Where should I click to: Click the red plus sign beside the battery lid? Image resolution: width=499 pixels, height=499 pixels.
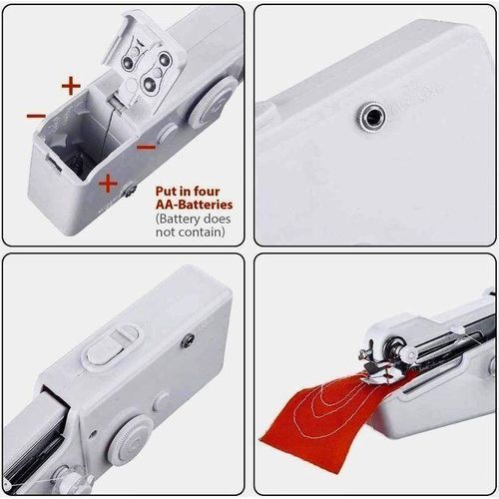click(x=71, y=86)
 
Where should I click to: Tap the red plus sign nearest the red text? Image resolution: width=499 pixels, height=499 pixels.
click(x=108, y=183)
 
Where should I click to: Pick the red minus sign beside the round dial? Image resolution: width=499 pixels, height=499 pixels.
click(x=146, y=146)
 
